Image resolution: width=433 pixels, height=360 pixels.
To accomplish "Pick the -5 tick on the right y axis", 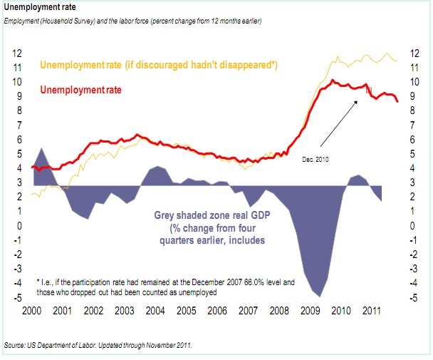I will tap(413, 297).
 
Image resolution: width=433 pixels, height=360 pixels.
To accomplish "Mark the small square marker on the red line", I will tap(369, 91).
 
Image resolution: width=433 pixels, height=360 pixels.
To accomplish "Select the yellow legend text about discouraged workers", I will tap(159, 66).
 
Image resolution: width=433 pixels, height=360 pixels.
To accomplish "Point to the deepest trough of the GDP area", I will tap(320, 295).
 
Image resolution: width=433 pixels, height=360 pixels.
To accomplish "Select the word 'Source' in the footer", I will tap(15, 345).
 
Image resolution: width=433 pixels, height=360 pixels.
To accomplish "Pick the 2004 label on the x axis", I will tap(156, 313).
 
